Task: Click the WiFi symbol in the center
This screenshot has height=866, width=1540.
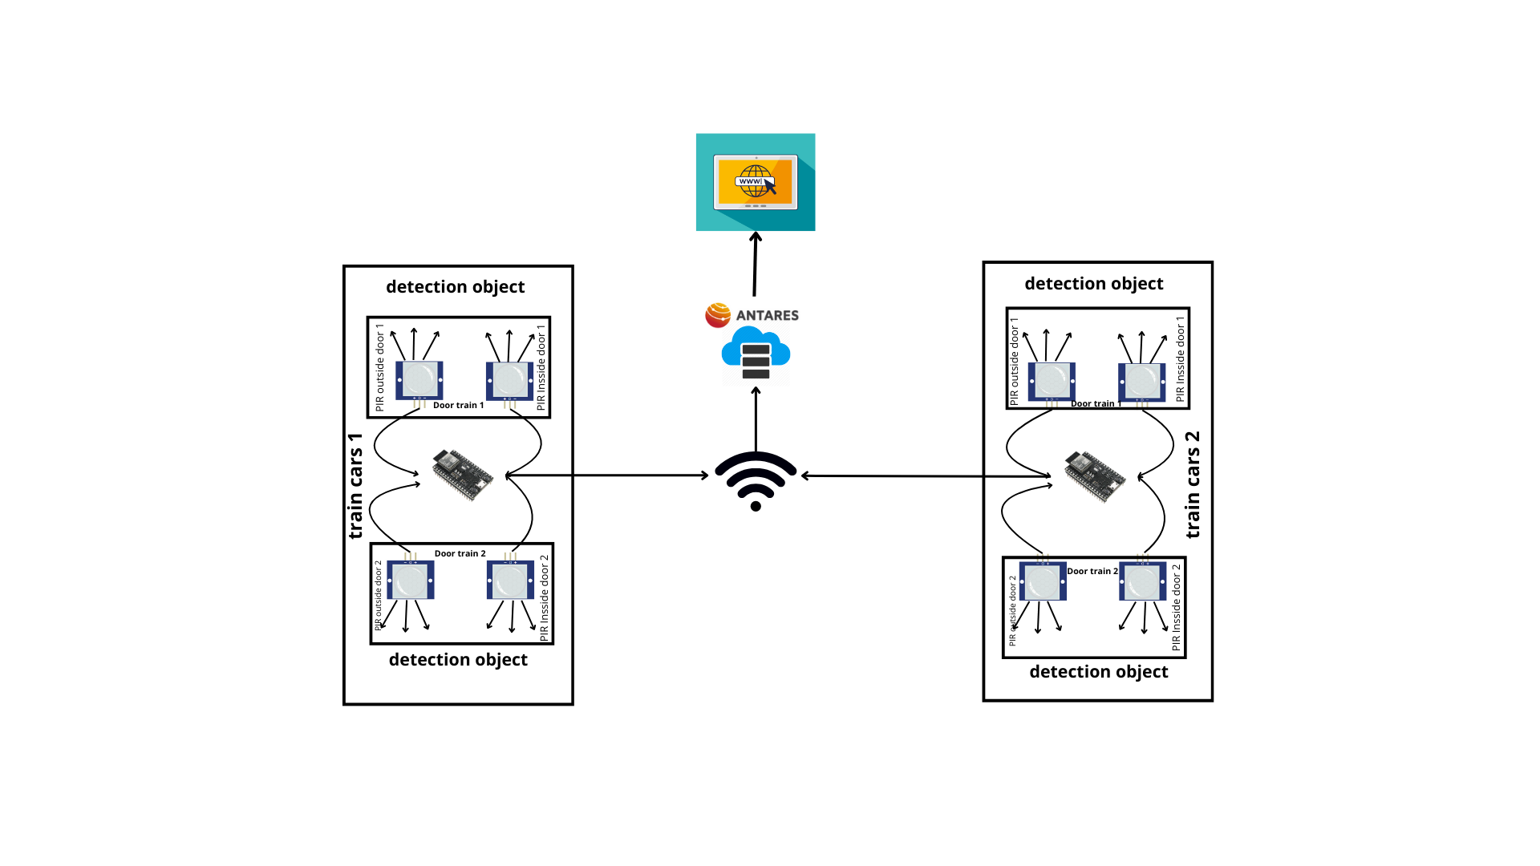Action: click(x=756, y=480)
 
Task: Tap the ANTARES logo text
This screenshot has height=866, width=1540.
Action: click(x=767, y=315)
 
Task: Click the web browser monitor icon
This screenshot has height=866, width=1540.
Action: click(x=756, y=182)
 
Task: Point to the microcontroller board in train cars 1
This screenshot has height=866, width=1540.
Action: click(x=463, y=474)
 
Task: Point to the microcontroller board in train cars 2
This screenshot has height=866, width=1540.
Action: click(x=1095, y=476)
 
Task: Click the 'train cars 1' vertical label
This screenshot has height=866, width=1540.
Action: click(x=355, y=486)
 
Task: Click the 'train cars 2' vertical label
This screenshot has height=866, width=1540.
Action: click(x=1193, y=484)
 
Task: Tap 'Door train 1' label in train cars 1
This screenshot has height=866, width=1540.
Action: click(x=458, y=406)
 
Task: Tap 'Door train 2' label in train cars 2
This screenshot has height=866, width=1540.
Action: click(x=1092, y=572)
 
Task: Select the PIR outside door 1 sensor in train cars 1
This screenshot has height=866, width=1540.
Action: click(x=419, y=380)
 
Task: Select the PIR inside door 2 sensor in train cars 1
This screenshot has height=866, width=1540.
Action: click(x=510, y=581)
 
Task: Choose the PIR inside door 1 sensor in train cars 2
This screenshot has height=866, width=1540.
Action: click(x=1141, y=382)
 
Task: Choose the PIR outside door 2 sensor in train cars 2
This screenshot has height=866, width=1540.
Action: click(x=1043, y=582)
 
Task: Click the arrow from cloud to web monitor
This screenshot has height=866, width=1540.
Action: click(x=755, y=265)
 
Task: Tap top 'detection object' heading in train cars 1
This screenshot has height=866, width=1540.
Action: click(x=455, y=287)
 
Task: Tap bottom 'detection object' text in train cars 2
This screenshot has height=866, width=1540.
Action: click(x=1098, y=672)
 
